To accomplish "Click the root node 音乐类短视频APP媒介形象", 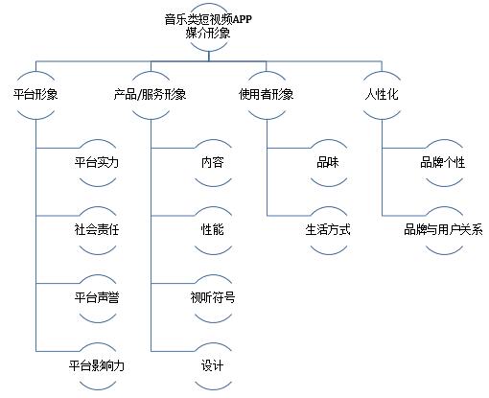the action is coord(208,27).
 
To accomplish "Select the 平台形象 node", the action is coord(35,95).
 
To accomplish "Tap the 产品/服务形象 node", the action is coord(151,95).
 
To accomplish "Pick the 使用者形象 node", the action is coord(267,95).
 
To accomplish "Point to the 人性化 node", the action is coord(382,95).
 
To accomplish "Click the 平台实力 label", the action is coord(97,162).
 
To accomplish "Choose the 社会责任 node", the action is coord(97,230).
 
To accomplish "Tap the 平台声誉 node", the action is coord(97,298).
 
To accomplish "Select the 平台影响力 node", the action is coord(97,365).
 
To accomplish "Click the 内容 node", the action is coord(213,162).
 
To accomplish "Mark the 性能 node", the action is coord(213,230).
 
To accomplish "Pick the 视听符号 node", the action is coord(213,298).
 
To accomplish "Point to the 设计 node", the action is coord(213,365).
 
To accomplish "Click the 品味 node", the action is coord(329,162).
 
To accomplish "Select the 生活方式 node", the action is coord(329,230).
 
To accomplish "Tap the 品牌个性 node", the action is coord(444,162).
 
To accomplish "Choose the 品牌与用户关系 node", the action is coord(444,230).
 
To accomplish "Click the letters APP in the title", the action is coord(242,19).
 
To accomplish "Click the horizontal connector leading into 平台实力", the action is coord(58,148).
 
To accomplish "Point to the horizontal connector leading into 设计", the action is coord(173,351).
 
